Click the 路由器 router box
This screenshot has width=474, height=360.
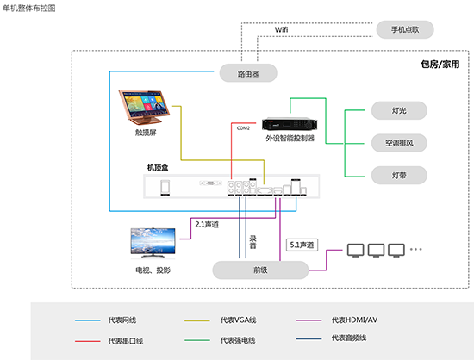(x=249, y=74)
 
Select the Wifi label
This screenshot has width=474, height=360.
(x=282, y=30)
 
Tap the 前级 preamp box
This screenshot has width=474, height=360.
(x=261, y=270)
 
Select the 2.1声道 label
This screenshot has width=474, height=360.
(x=207, y=224)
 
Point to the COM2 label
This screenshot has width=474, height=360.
(x=243, y=127)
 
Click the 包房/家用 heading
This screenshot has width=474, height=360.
(x=440, y=65)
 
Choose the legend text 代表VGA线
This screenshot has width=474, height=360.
(x=238, y=320)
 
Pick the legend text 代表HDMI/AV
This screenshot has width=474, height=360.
(x=354, y=320)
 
